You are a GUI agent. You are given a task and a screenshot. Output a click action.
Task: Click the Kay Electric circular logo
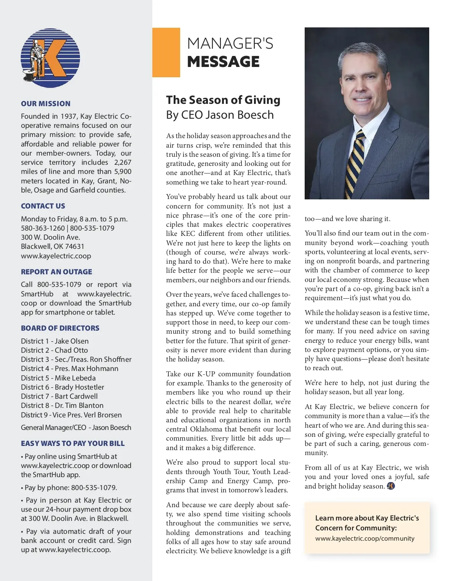point(50,58)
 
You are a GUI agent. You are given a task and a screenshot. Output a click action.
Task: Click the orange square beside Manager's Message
point(166,52)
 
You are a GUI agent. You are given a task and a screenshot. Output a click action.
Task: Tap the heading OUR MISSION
point(46,103)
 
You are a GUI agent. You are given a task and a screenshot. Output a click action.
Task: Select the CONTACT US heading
point(43,206)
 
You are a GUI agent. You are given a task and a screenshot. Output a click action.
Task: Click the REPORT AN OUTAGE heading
point(56,272)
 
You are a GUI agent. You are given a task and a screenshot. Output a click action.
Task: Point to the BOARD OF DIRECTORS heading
point(60,328)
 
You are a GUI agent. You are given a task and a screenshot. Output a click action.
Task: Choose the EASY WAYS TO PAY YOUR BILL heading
point(73,443)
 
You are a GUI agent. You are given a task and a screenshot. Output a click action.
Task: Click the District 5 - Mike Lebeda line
point(58,378)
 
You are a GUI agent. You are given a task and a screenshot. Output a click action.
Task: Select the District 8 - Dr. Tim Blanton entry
point(62,405)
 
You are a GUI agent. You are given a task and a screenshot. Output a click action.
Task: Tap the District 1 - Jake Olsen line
point(55,341)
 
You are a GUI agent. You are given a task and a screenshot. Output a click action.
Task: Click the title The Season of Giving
point(223,100)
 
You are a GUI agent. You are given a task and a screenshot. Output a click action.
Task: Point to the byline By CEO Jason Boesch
point(220,115)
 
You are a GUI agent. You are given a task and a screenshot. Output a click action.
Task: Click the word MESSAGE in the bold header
point(223,62)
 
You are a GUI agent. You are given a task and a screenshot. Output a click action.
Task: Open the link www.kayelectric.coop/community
point(364,538)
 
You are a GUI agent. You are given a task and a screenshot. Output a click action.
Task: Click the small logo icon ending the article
point(391,486)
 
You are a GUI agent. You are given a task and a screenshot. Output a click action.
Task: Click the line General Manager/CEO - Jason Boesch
point(76,427)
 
